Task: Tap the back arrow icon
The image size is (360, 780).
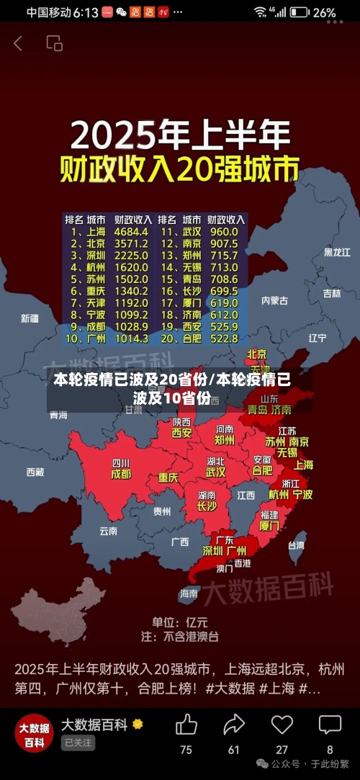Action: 18,43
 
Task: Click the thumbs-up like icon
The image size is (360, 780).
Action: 186,725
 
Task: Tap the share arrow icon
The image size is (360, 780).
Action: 234,725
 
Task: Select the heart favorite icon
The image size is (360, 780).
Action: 282,725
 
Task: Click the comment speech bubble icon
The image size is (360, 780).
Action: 330,725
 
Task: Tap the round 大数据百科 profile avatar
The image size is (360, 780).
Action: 35,733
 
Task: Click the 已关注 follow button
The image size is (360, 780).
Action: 78,743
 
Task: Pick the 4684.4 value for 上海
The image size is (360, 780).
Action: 131,232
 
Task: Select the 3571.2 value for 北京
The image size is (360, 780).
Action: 131,243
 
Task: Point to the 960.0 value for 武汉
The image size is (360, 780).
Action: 223,232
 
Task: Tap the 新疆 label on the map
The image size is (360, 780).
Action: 30,318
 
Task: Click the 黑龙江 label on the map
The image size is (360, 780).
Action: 336,252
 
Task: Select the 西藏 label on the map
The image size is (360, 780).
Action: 35,472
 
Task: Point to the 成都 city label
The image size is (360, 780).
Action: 121,474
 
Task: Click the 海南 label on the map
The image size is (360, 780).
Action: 189,593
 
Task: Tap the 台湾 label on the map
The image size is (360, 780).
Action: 296,545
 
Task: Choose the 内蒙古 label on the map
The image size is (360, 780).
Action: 274,300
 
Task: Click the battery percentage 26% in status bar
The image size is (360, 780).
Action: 324,12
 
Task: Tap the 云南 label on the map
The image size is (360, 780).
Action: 108,531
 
